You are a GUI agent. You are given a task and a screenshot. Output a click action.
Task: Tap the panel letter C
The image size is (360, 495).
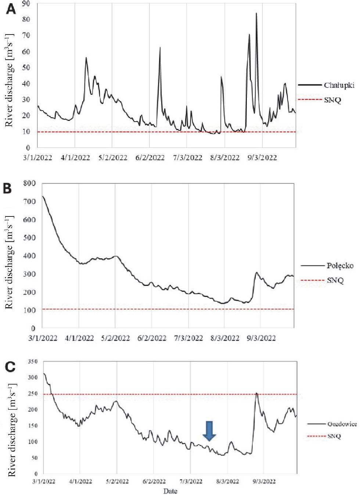10,367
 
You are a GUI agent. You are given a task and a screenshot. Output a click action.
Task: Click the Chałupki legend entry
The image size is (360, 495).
339,85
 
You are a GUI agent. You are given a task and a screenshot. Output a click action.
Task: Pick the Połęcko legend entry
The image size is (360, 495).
340,266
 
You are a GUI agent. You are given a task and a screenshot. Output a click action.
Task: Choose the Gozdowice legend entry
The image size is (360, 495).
342,424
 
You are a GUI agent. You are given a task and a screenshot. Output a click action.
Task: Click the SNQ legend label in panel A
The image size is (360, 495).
332,100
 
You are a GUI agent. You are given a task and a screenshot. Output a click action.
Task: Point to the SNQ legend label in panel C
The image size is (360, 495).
334,436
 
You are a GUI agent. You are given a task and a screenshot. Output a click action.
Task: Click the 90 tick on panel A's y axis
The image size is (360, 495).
26,4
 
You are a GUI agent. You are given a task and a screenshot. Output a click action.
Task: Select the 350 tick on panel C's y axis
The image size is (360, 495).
33,362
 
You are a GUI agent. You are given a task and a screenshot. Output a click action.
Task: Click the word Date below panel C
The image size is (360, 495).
170,491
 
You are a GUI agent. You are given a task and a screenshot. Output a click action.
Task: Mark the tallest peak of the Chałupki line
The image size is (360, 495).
256,14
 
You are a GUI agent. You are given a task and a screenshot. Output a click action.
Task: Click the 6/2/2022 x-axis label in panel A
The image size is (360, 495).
150,158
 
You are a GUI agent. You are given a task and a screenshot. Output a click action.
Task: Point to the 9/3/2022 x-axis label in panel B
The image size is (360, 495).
261,338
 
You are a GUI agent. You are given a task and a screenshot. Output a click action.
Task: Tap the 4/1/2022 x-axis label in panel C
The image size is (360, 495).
80,481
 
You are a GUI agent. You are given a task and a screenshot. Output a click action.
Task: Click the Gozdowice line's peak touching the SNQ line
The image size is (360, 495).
256,394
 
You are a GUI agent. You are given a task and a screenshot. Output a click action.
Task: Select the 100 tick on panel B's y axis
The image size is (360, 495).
30,310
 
